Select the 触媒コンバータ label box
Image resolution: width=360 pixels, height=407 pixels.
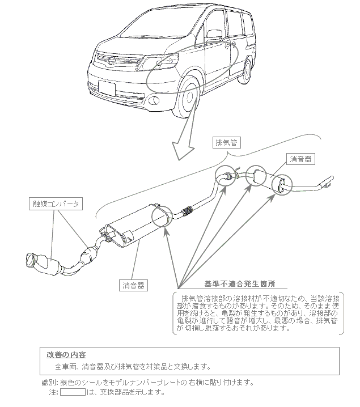[56, 202]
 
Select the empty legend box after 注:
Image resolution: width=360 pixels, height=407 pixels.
[72, 392]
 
